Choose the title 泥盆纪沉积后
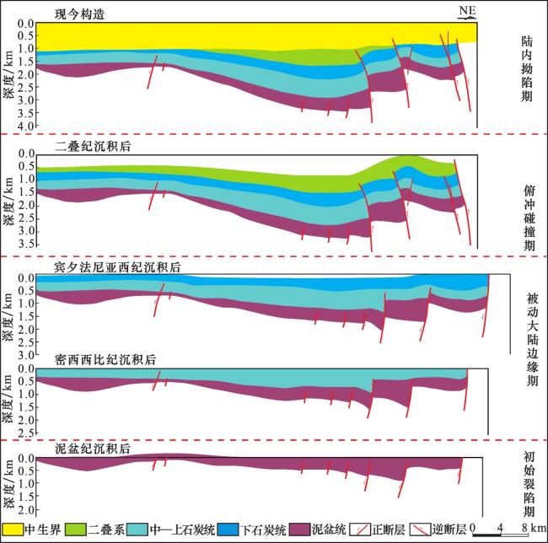[93, 449]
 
